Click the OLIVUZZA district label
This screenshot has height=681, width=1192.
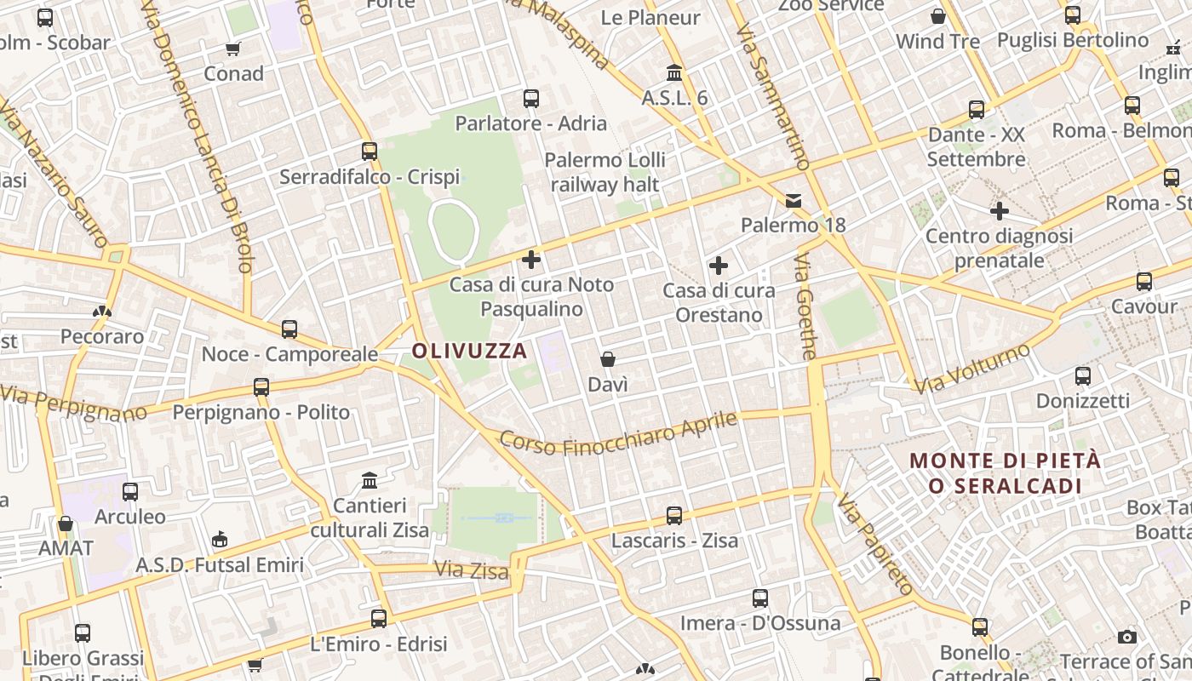469,351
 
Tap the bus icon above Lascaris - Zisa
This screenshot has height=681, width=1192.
674,515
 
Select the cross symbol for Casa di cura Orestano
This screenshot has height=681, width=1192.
719,266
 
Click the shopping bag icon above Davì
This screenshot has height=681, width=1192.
608,359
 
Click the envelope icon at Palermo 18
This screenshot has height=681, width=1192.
794,201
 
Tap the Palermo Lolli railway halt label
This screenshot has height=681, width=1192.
605,172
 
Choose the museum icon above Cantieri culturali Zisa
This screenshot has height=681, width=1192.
370,481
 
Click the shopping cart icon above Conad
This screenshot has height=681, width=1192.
233,49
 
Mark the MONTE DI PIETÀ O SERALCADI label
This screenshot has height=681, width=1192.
1006,473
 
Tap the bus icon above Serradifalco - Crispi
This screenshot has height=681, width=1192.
370,152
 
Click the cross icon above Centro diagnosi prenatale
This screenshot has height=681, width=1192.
1000,210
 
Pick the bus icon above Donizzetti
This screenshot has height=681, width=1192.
1083,375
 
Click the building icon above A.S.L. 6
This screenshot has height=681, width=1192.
675,72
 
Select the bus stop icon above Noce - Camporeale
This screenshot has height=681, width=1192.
289,329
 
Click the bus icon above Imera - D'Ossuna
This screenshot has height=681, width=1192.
760,598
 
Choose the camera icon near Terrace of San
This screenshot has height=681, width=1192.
1127,637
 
